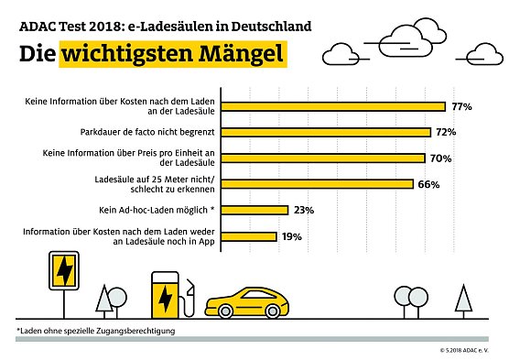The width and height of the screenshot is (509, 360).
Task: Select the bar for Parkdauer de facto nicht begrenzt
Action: click(326, 132)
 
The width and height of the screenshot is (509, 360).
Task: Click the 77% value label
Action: click(460, 106)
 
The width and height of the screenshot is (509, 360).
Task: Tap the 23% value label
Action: click(304, 210)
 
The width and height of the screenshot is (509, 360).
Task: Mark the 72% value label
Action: click(446, 132)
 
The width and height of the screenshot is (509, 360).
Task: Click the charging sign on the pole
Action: click(65, 271)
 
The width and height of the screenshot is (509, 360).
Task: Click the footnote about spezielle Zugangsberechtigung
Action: click(95, 330)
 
